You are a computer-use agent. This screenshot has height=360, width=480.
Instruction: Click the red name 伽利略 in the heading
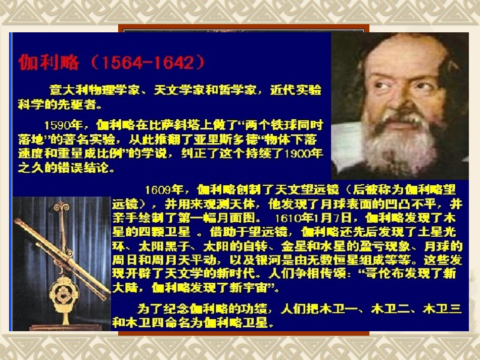[x=49, y=62]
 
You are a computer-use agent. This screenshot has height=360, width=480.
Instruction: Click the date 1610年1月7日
[x=313, y=219]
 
